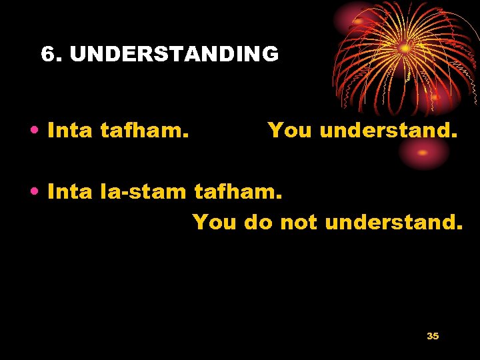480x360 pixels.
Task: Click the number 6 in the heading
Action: (47, 54)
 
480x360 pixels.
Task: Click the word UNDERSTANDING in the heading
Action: (174, 54)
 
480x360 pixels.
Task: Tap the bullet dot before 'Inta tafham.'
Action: (33, 131)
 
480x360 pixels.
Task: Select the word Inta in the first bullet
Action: (70, 131)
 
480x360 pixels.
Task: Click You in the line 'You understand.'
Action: (291, 131)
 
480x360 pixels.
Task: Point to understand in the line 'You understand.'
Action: (389, 131)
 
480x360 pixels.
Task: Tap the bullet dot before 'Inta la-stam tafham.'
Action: (33, 193)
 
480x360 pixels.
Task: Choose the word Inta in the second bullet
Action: (70, 192)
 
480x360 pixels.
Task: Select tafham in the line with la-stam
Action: (239, 192)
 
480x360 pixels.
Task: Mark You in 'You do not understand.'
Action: (215, 221)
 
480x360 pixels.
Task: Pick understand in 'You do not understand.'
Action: (393, 221)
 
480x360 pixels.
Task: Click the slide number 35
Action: (433, 336)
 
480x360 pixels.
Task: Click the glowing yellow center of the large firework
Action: (405, 48)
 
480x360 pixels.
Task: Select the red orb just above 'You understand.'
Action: (435, 97)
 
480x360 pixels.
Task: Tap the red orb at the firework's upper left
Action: (359, 21)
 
